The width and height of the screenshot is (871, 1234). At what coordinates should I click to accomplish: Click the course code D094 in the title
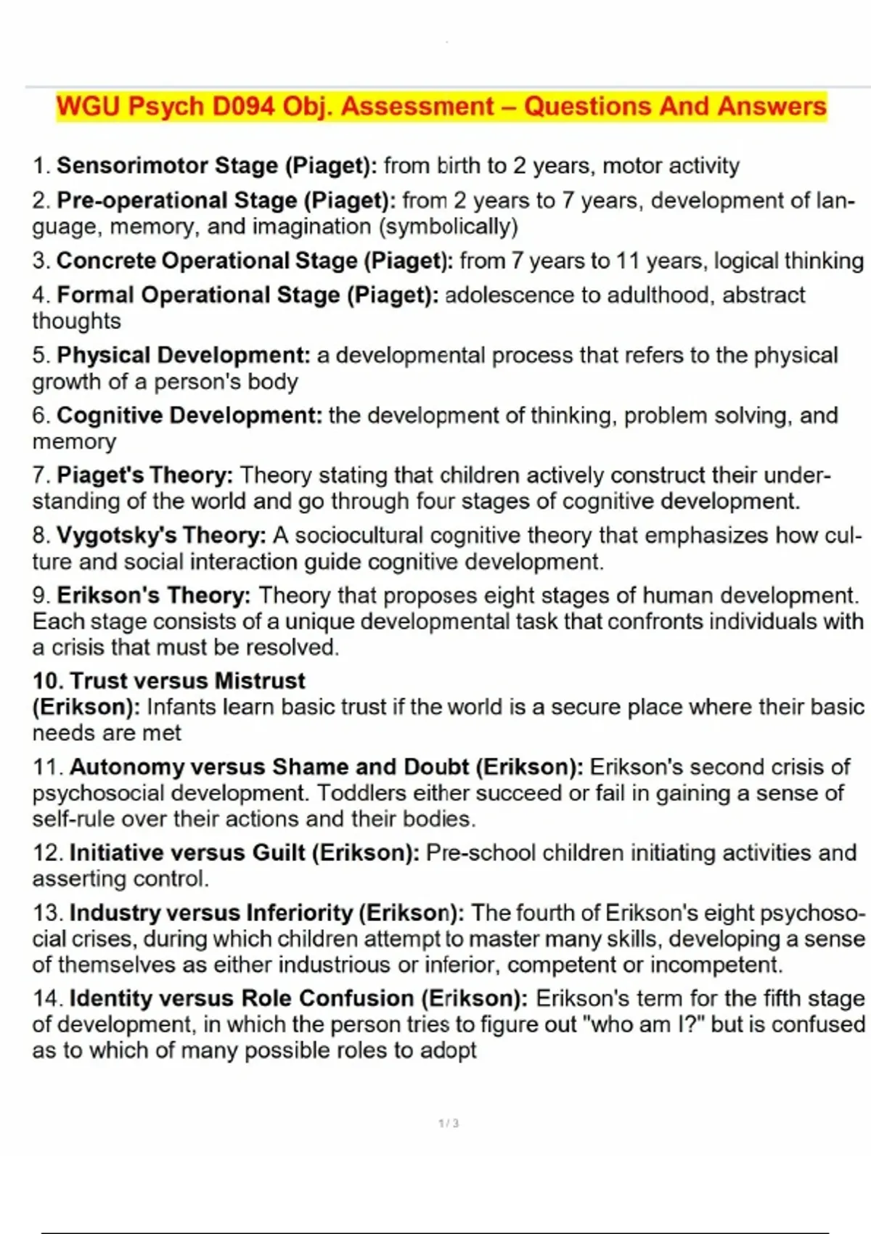244,107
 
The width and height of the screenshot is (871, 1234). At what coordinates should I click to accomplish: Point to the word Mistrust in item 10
260,681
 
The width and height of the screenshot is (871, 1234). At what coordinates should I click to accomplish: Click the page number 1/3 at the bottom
449,1124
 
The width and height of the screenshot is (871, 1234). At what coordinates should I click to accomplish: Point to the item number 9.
41,596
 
